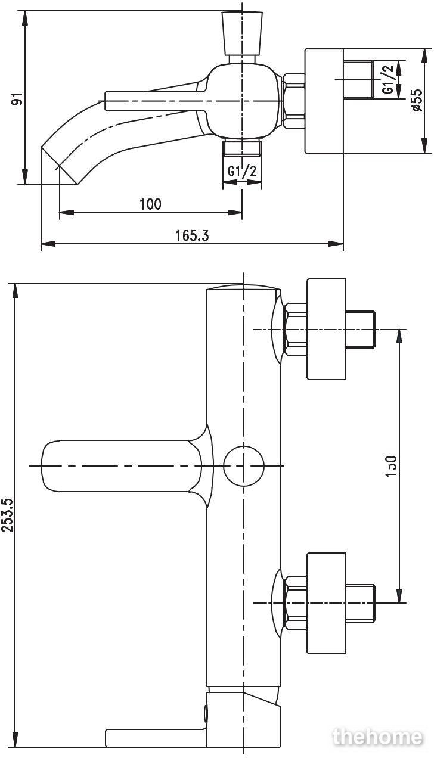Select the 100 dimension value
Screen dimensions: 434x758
151,204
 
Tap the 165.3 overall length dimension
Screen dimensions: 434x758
192,235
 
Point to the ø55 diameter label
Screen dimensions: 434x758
418,100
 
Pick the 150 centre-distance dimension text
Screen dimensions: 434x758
390,467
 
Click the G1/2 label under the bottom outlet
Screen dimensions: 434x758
242,171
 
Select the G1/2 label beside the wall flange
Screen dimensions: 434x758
388,79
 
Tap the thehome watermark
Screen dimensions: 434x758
377,737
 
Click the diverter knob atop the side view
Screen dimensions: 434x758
242,34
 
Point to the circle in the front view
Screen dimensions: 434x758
243,466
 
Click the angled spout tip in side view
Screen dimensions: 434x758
59,166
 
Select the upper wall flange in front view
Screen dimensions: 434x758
326,329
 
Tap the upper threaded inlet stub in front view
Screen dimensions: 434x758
361,329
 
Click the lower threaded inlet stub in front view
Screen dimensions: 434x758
361,603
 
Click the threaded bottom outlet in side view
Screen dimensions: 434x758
242,147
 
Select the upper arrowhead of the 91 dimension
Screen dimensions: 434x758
25,18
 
